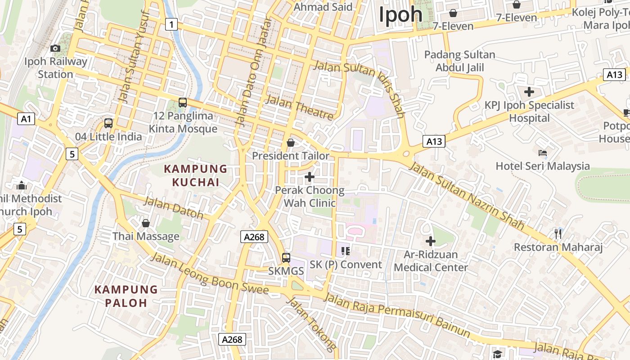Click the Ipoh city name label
pyautogui.click(x=400, y=14)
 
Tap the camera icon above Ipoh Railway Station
pyautogui.click(x=55, y=48)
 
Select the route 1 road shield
pyautogui.click(x=171, y=24)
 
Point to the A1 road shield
pyautogui.click(x=26, y=119)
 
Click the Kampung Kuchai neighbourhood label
pyautogui.click(x=196, y=175)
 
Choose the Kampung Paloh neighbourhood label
pyautogui.click(x=126, y=296)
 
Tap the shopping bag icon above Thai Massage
pyautogui.click(x=145, y=223)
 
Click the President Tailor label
pyautogui.click(x=291, y=156)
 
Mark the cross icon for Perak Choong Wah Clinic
pyautogui.click(x=310, y=177)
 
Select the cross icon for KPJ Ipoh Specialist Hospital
pyautogui.click(x=529, y=92)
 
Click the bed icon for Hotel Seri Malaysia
pyautogui.click(x=543, y=153)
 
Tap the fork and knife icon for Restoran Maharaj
pyautogui.click(x=558, y=234)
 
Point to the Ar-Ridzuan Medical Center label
pyautogui.click(x=431, y=261)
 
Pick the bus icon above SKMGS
pyautogui.click(x=286, y=258)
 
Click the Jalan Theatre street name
pyautogui.click(x=299, y=108)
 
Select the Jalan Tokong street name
pyautogui.click(x=311, y=324)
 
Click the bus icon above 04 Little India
pyautogui.click(x=108, y=123)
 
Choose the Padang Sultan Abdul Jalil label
pyautogui.click(x=459, y=61)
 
